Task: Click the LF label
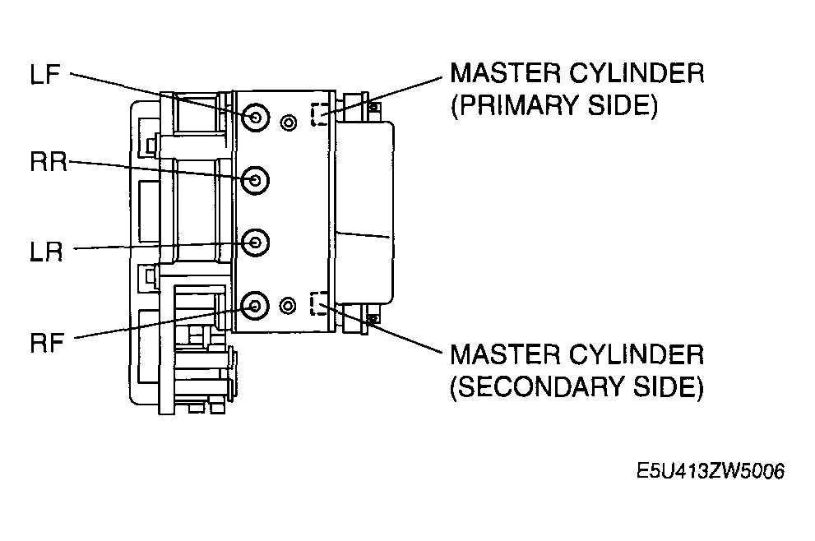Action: point(45,74)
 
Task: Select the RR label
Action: point(49,162)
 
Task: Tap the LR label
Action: point(46,252)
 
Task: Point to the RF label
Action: point(47,343)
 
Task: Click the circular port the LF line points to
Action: point(255,117)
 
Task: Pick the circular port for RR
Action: point(255,180)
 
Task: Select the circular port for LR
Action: point(255,243)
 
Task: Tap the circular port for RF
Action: point(255,306)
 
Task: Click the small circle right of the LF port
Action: point(289,123)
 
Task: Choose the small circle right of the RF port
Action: point(288,306)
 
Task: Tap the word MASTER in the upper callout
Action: point(505,72)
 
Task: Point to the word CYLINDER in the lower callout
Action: point(637,354)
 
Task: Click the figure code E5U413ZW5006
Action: point(711,471)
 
